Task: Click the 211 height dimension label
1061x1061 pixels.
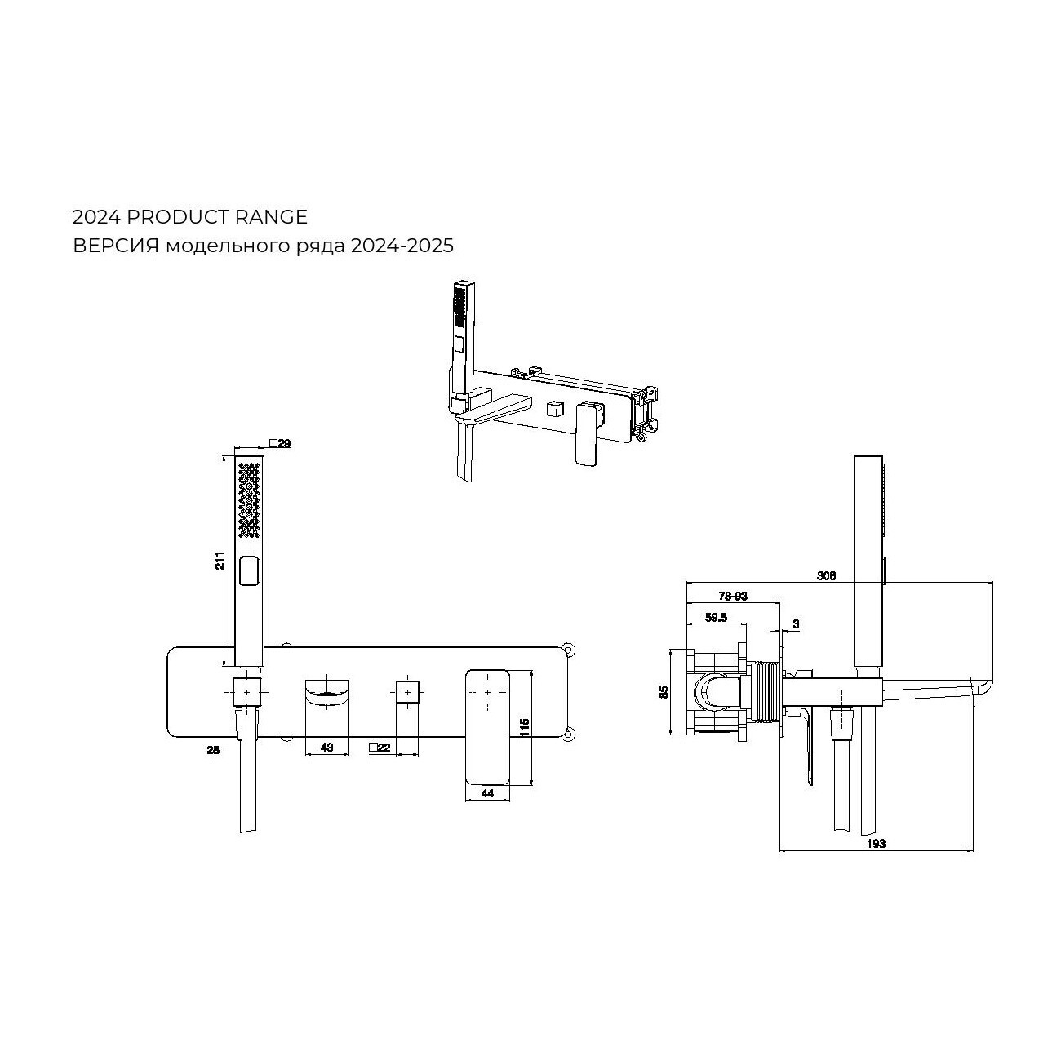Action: click(220, 560)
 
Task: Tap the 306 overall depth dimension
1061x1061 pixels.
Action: click(827, 576)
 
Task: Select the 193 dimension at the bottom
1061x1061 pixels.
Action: click(876, 844)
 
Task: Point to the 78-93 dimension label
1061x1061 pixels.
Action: click(734, 596)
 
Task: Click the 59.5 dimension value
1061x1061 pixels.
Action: click(717, 617)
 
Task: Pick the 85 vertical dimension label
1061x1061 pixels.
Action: click(664, 692)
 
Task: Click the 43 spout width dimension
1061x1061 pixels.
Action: click(326, 748)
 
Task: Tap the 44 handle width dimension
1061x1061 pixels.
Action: click(487, 793)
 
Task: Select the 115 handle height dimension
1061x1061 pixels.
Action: click(524, 728)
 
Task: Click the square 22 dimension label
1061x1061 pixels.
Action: click(380, 748)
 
